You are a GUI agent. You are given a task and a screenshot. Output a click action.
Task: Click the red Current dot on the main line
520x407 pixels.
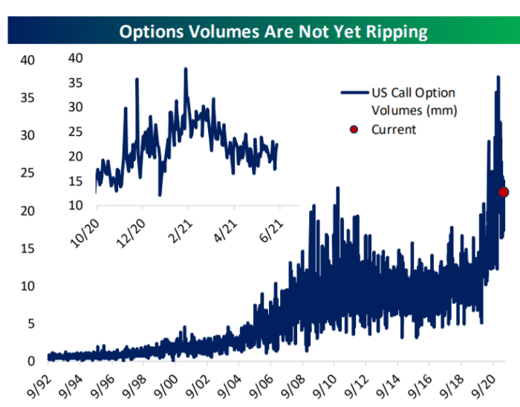coord(503,192)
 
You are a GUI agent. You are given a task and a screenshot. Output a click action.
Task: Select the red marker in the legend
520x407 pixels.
coord(354,129)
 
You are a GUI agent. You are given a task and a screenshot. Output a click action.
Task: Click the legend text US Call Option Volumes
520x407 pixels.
coord(414,102)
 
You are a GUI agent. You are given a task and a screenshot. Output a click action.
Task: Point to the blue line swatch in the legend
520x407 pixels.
coord(354,93)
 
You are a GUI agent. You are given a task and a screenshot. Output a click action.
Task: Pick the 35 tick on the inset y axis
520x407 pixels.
coord(75,82)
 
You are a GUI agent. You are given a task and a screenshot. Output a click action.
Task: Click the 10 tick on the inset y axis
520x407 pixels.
coord(75,205)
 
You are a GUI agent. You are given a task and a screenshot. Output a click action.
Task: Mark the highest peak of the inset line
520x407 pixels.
coord(186,69)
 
